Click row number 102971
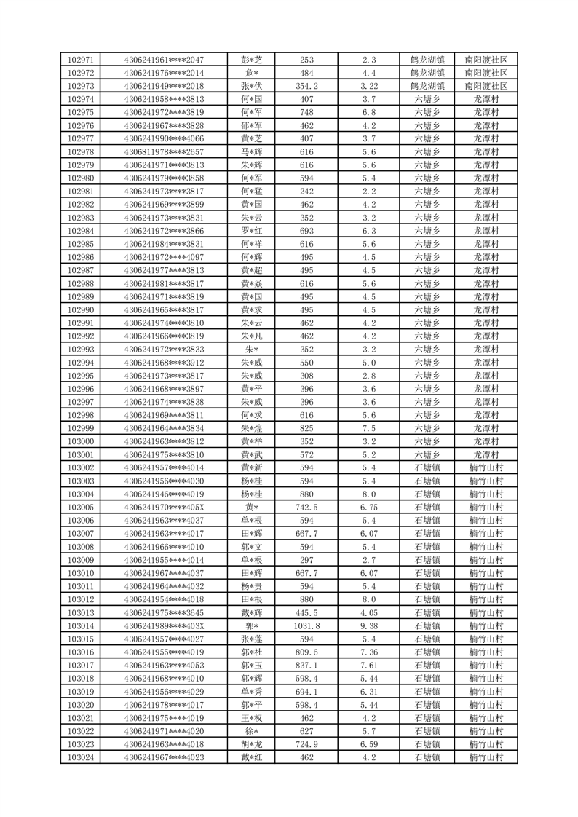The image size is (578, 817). point(81,60)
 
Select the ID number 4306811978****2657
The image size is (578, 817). point(164,151)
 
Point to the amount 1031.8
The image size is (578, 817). point(306,625)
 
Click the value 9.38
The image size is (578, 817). point(368,625)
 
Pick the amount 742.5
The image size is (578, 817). point(306,508)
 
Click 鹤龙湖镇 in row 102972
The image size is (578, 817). point(427,73)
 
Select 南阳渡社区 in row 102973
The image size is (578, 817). point(486,86)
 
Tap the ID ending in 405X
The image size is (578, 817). point(164,508)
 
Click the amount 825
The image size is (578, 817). point(306,428)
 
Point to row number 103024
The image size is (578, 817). point(81,757)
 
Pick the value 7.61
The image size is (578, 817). point(368,666)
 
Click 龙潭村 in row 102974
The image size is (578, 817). point(486,99)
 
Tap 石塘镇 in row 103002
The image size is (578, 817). point(427,467)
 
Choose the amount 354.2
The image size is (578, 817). point(306,86)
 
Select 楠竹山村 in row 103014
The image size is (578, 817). point(486,625)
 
